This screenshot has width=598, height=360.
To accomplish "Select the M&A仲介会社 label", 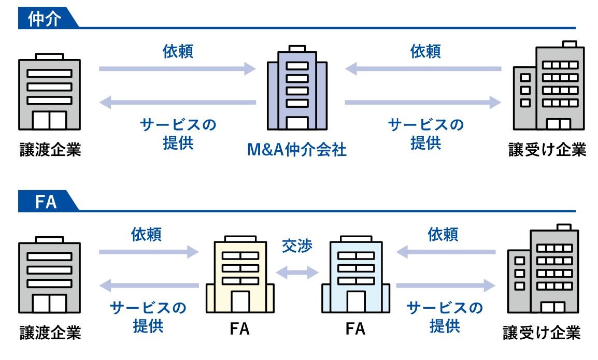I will pyautogui.click(x=297, y=150).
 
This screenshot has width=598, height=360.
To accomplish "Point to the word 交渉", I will pyautogui.click(x=297, y=246).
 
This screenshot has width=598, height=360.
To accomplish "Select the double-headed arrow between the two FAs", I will pyautogui.click(x=297, y=271).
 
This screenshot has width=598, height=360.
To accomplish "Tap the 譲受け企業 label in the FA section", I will pyautogui.click(x=542, y=332).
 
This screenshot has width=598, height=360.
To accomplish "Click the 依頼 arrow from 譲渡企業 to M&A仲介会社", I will pyautogui.click(x=177, y=68).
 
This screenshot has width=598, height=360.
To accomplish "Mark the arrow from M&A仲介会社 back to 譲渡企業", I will pyautogui.click(x=177, y=103).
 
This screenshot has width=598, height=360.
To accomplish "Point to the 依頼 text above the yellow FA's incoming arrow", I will pyautogui.click(x=147, y=234).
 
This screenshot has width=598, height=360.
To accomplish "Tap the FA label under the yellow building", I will pyautogui.click(x=239, y=329).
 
